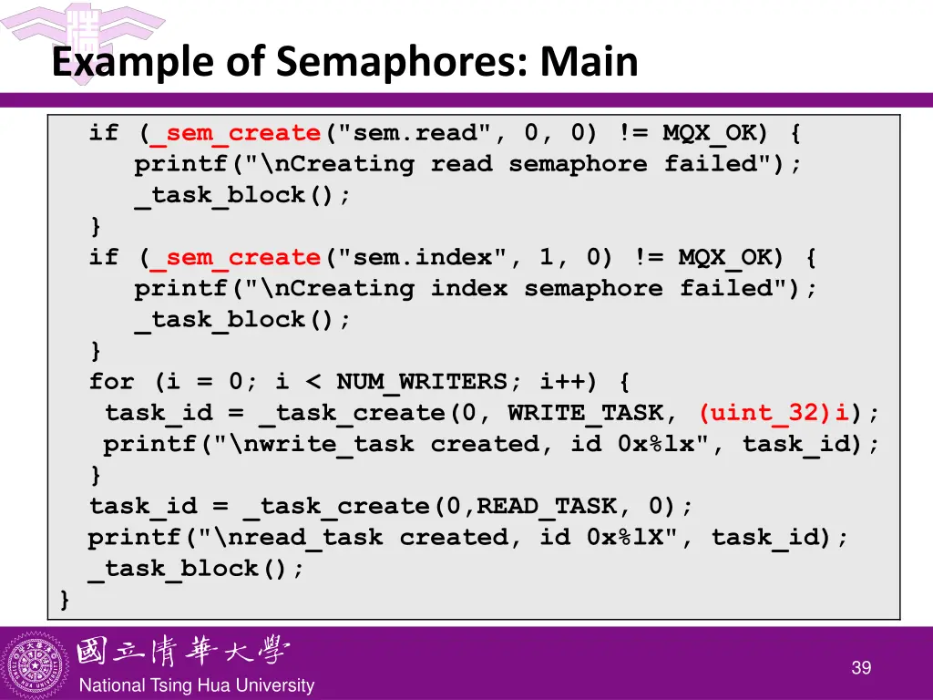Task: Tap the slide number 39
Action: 861,668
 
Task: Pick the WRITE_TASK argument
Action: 586,413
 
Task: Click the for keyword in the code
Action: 111,382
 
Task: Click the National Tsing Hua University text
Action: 197,685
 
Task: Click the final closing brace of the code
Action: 65,600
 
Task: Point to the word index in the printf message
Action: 469,289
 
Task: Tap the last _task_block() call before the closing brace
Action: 197,569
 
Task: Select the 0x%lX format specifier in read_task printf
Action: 632,538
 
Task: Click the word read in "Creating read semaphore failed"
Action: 461,164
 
